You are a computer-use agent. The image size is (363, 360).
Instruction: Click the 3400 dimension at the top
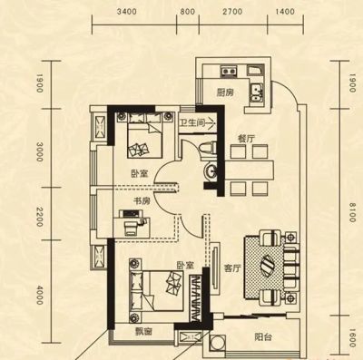click(x=126, y=12)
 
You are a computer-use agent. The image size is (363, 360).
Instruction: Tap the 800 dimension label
click(x=188, y=12)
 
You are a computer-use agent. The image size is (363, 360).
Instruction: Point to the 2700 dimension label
click(x=232, y=12)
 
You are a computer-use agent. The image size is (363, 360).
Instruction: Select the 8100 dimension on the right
click(x=352, y=212)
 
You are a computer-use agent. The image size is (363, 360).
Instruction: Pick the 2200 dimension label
click(x=39, y=217)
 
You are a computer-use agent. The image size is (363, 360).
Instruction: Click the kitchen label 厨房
click(x=225, y=92)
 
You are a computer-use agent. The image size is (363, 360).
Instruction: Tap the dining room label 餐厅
click(x=246, y=139)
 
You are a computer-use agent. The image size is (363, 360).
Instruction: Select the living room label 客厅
click(x=232, y=268)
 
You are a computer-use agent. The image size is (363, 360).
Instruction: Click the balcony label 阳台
click(x=263, y=337)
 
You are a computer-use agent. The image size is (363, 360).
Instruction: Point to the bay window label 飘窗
click(x=143, y=332)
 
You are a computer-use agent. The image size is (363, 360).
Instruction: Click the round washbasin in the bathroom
click(x=210, y=171)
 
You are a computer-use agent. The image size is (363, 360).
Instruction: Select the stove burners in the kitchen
click(x=229, y=72)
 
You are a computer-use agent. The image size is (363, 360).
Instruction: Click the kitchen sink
click(x=257, y=92)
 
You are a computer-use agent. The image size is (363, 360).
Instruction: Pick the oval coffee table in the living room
click(x=268, y=265)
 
